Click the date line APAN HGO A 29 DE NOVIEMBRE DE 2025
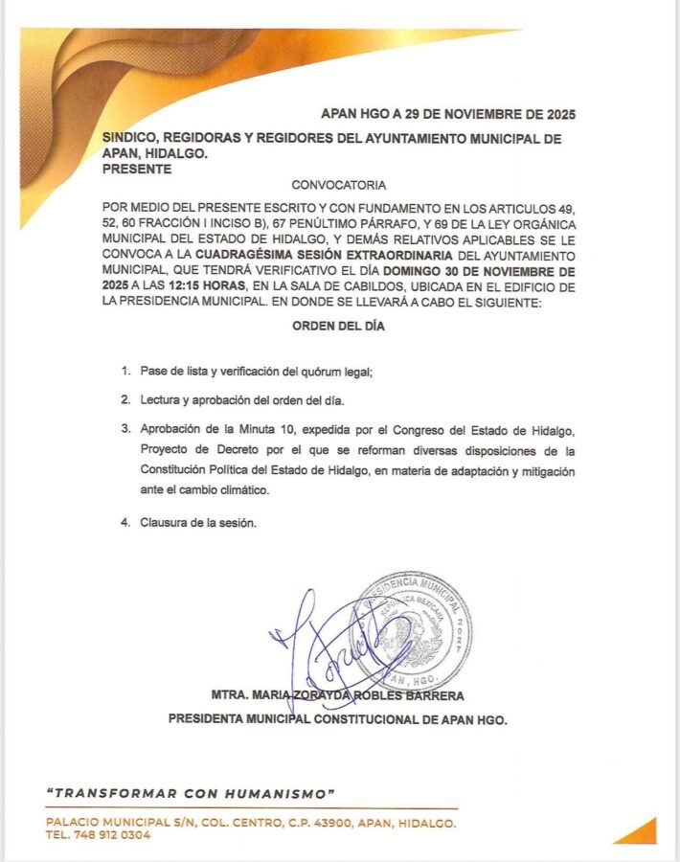pyautogui.click(x=448, y=113)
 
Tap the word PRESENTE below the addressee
pyautogui.click(x=137, y=169)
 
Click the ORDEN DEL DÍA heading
pyautogui.click(x=340, y=326)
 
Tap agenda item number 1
pyautogui.click(x=125, y=371)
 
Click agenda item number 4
pyautogui.click(x=125, y=524)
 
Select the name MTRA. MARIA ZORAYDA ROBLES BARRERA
pyautogui.click(x=339, y=694)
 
